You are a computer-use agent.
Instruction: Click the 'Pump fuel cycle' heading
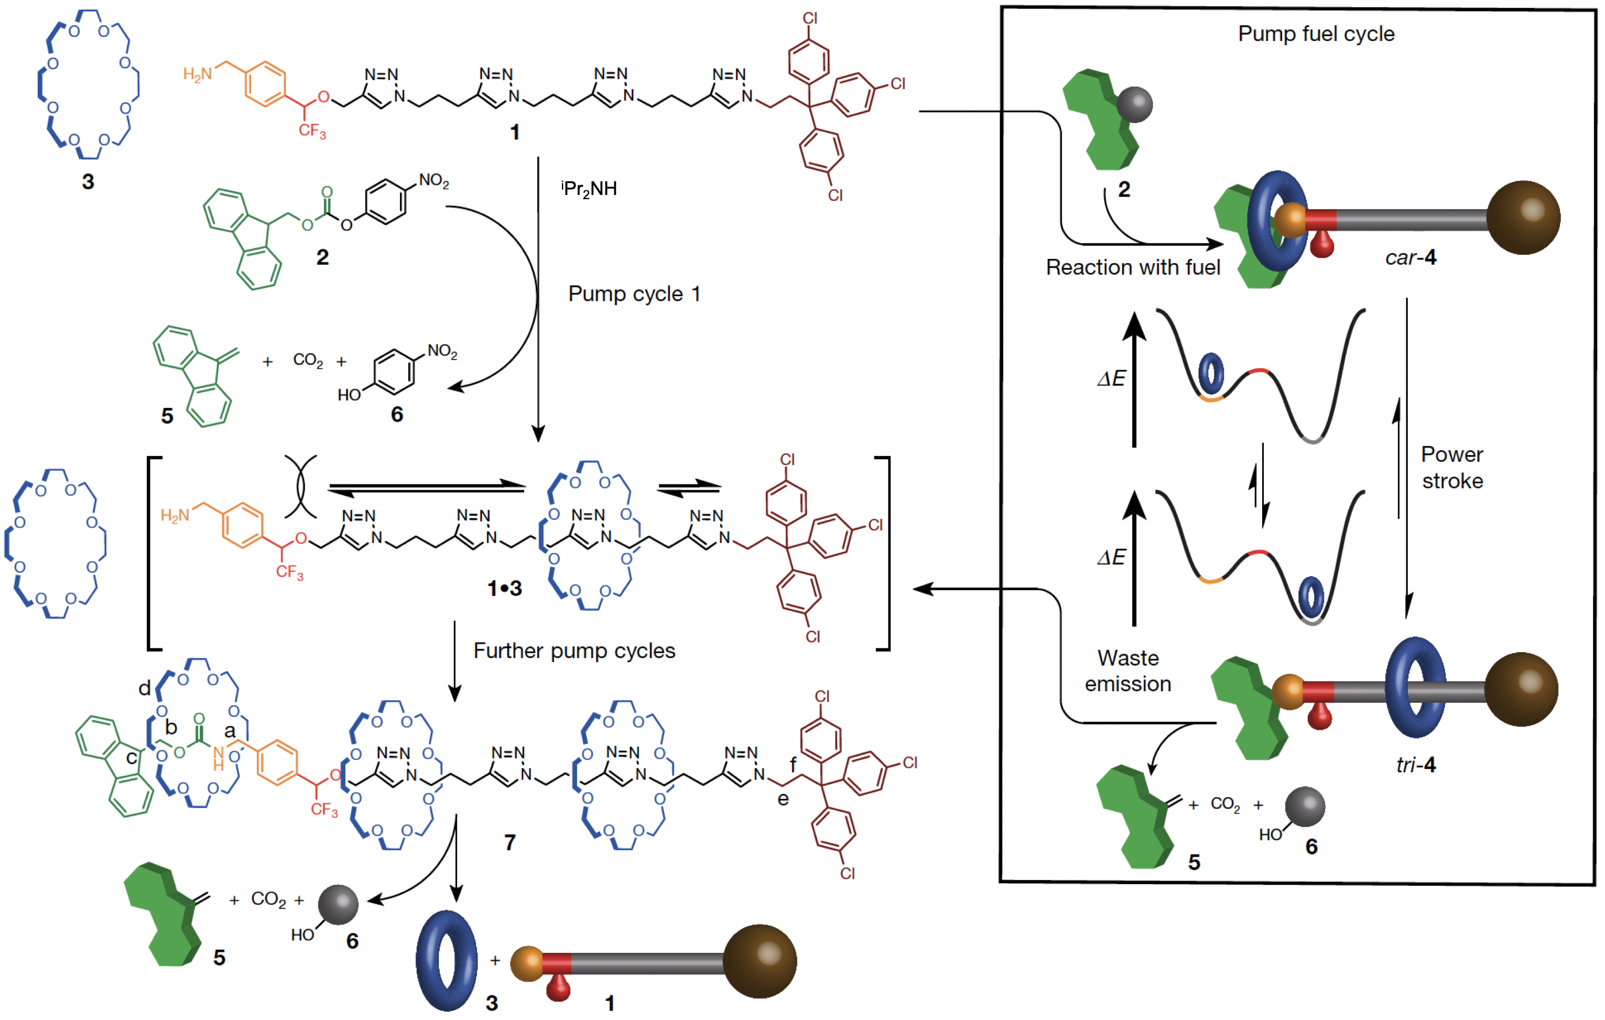(1316, 34)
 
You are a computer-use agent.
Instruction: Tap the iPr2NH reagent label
(589, 189)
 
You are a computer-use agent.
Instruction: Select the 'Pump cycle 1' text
(634, 294)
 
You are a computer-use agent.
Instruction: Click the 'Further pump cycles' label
(574, 650)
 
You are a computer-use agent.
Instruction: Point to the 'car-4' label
(1411, 257)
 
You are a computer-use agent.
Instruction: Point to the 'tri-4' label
(1416, 764)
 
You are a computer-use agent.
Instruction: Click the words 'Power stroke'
(1452, 468)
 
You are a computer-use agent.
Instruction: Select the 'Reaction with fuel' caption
(1132, 267)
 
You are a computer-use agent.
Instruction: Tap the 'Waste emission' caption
(1128, 671)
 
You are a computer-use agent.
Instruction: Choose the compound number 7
(510, 843)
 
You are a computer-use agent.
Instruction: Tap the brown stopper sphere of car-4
(1523, 218)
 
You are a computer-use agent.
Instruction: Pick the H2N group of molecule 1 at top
(197, 73)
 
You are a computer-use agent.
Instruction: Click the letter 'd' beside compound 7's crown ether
(145, 688)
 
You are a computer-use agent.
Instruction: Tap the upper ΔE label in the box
(1111, 378)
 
